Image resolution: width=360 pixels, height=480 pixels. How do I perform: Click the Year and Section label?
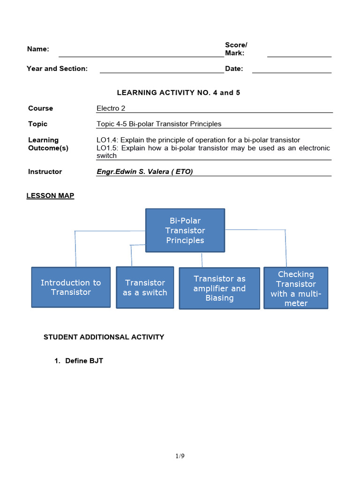click(57, 68)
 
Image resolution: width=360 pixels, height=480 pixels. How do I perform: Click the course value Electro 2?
click(111, 108)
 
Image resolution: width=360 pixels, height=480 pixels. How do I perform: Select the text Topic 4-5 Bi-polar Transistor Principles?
click(158, 124)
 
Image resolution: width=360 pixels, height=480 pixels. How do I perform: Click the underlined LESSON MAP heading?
click(50, 195)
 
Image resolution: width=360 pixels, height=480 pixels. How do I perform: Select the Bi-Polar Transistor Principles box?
click(185, 230)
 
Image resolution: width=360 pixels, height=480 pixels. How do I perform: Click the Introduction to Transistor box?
click(71, 287)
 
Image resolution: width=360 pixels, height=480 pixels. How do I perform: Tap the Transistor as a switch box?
click(145, 287)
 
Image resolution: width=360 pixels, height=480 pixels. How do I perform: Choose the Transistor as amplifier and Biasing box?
click(219, 288)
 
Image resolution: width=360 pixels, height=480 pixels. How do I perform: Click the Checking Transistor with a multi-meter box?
click(296, 288)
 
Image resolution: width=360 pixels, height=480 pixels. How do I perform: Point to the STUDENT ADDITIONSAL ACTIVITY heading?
click(104, 337)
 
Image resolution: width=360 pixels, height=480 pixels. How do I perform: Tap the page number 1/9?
click(180, 456)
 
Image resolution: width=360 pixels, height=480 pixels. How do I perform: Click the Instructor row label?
click(45, 172)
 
